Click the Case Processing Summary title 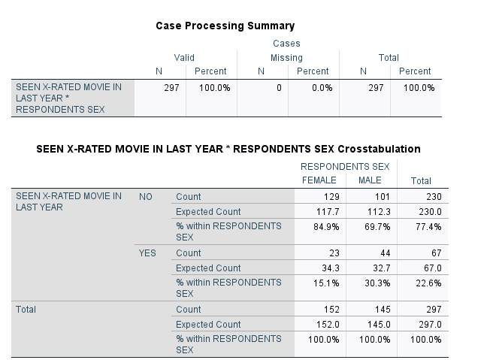pos(225,26)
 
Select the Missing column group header pos(286,58)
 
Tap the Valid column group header pos(184,58)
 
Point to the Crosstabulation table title pos(228,149)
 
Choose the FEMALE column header pos(319,180)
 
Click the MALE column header pos(370,180)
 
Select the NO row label pos(146,197)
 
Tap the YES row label pos(147,253)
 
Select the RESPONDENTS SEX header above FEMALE pos(344,166)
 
